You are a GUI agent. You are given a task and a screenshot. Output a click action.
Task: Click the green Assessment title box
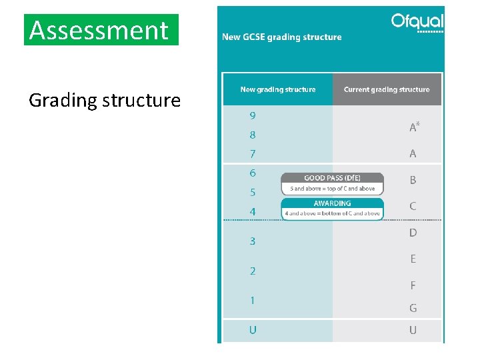(101, 30)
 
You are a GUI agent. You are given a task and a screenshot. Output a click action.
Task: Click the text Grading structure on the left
(105, 101)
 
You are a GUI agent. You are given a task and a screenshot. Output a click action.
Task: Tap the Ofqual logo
(417, 23)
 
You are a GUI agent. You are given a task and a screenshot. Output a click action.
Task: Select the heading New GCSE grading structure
(281, 37)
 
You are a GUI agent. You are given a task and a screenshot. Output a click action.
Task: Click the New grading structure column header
(278, 89)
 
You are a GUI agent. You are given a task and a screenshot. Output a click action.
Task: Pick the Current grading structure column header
(387, 89)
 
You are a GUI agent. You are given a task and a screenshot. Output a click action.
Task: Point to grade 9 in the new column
(253, 115)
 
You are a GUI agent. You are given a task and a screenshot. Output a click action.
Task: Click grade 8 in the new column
(253, 135)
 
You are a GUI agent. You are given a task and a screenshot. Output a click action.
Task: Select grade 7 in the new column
(253, 154)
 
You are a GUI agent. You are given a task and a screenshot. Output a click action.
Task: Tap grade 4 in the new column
(253, 212)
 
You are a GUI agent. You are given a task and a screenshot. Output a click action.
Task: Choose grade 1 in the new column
(253, 301)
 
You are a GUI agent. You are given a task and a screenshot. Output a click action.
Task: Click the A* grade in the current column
(414, 127)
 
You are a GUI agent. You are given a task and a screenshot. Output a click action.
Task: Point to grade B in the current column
(413, 180)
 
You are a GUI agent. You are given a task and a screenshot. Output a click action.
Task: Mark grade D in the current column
(413, 233)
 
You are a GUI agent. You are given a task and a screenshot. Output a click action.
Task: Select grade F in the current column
(413, 285)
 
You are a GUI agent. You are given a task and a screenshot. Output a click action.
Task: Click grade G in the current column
(413, 308)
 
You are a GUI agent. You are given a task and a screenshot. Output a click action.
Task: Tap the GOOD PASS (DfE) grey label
(332, 178)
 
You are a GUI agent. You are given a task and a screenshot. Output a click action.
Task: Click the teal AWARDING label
(332, 203)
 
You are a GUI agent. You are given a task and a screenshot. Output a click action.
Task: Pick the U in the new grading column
(253, 330)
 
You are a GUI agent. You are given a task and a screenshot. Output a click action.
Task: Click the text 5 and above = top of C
(332, 189)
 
